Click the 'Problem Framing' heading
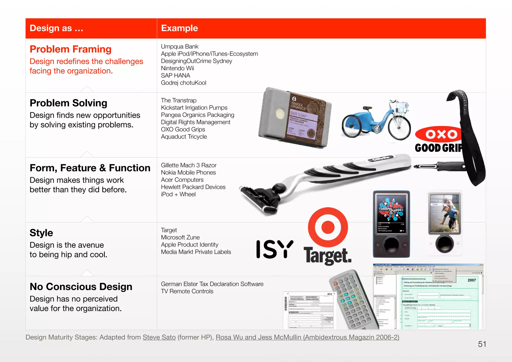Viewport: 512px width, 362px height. click(70, 49)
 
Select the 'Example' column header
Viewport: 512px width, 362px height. click(179, 28)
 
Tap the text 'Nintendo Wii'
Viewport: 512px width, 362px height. click(177, 68)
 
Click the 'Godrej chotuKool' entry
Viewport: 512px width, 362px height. click(183, 83)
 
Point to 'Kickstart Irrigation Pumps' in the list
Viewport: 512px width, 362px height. click(194, 107)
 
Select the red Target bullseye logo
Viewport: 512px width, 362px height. click(328, 227)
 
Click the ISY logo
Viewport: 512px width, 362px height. click(274, 249)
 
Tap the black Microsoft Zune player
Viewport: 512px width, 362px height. click(391, 224)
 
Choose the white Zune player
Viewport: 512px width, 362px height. click(444, 222)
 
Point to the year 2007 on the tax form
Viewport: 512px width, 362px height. click(471, 280)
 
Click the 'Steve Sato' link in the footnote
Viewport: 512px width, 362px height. click(159, 337)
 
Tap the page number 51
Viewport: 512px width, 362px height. click(482, 344)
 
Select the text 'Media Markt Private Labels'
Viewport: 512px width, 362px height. click(196, 252)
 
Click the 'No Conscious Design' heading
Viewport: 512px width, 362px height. click(81, 287)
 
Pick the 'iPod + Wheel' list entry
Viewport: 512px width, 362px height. click(178, 194)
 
